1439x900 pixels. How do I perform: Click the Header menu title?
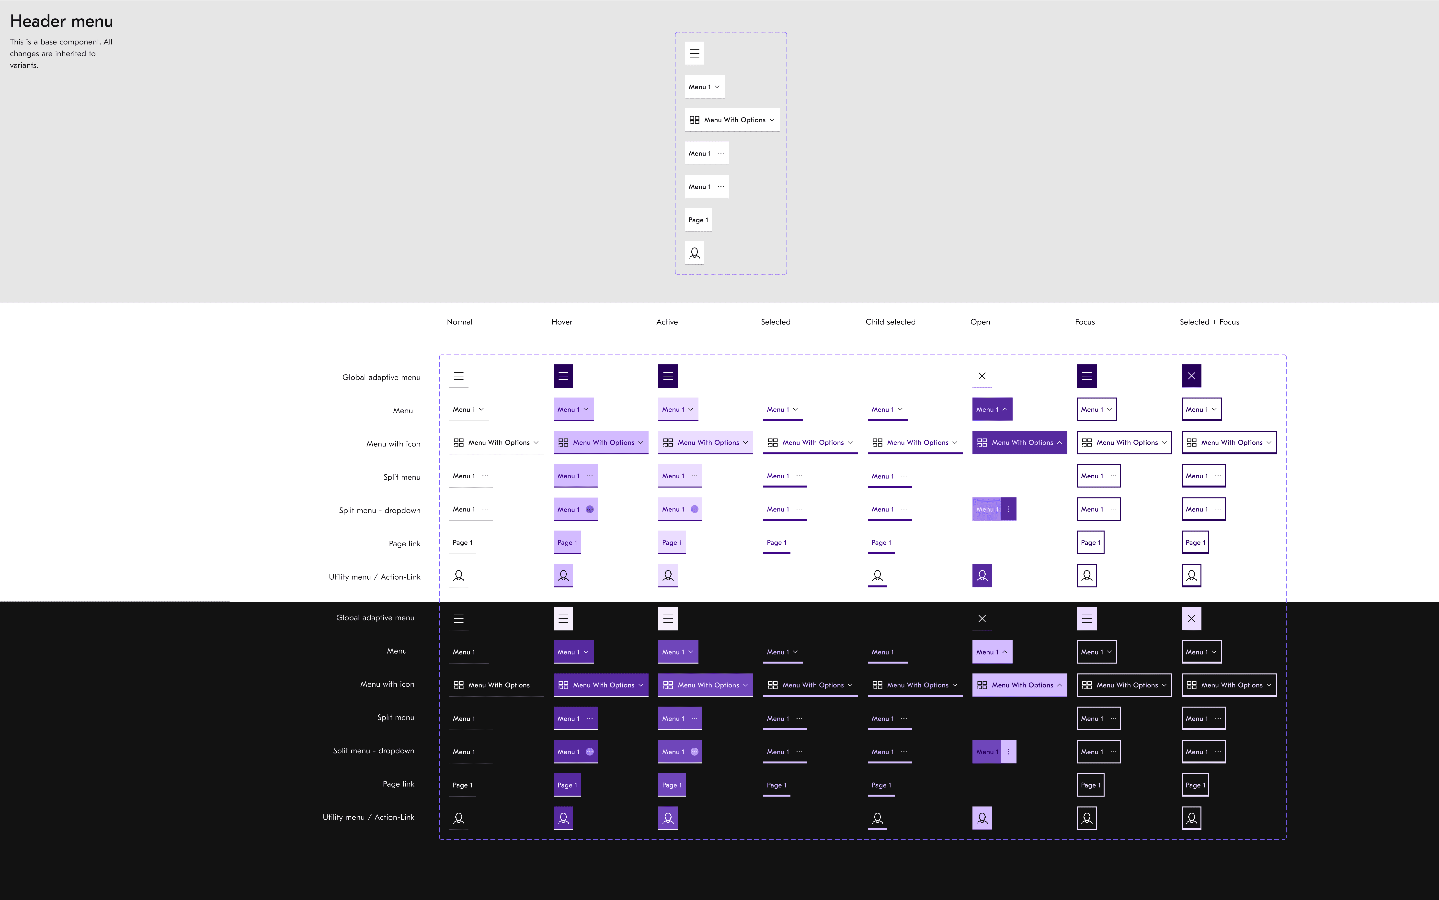[x=61, y=22]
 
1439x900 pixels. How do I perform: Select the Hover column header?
[x=561, y=322]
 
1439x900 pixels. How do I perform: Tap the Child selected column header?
[x=890, y=322]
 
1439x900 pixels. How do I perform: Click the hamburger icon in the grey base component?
[x=694, y=54]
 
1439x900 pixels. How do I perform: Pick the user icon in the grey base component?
[x=694, y=253]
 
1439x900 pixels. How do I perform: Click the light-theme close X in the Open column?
[x=982, y=376]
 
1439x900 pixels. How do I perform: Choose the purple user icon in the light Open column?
[x=982, y=576]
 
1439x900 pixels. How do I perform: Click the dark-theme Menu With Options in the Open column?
[x=1019, y=685]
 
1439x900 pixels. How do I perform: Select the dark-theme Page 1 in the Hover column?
[x=567, y=785]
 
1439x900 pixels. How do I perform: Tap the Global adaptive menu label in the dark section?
[x=375, y=618]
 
